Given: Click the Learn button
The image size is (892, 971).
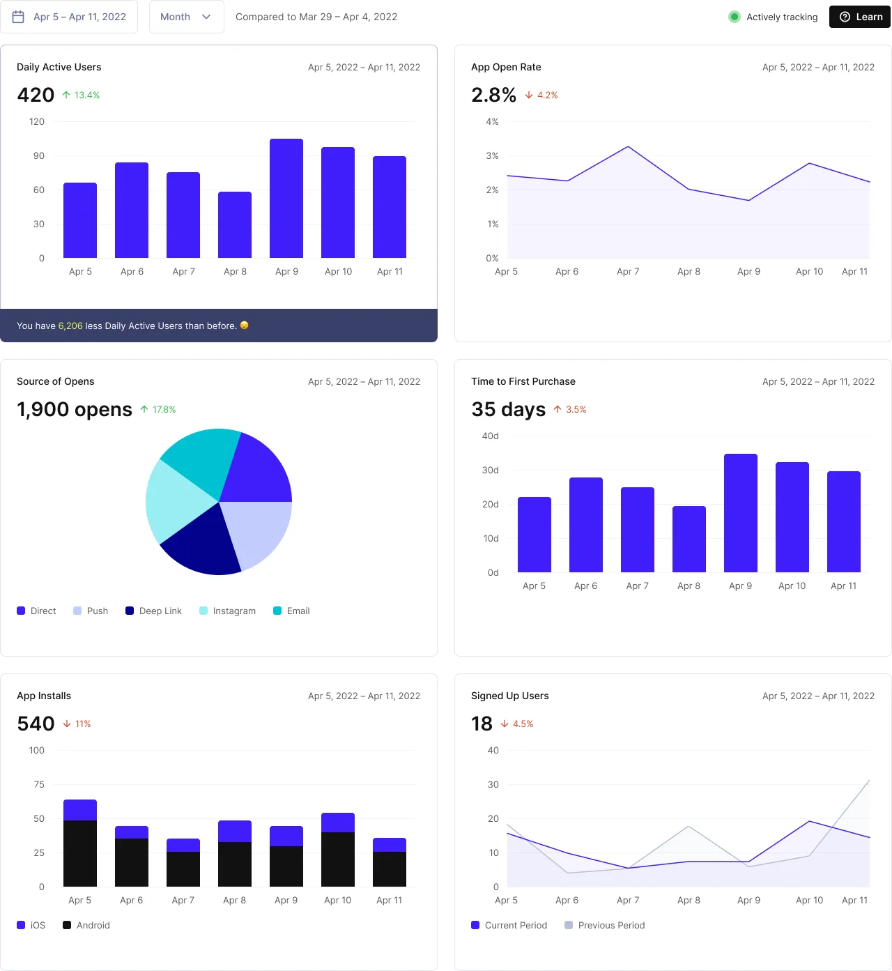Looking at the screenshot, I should [861, 17].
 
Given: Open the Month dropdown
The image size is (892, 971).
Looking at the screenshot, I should [185, 17].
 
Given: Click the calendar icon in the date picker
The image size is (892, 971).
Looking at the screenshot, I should [19, 17].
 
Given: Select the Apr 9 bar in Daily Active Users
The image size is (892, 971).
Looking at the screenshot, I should [286, 199].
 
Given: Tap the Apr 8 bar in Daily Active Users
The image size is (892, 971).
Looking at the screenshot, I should [235, 224].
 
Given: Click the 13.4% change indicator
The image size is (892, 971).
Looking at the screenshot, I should [81, 95].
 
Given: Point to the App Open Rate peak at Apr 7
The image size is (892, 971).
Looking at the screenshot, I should [628, 147].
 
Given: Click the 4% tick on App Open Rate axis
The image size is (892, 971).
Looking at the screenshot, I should [492, 122].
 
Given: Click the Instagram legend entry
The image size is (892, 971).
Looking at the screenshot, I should [227, 611].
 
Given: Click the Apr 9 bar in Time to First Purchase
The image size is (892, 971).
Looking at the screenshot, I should [740, 513].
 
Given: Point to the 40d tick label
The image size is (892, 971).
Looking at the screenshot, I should [490, 436].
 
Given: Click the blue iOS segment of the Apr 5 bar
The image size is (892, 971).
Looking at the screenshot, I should [80, 810].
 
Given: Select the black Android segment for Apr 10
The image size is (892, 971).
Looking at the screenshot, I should [338, 859].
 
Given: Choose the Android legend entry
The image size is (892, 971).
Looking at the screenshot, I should [86, 926].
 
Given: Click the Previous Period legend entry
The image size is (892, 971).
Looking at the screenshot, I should [604, 926].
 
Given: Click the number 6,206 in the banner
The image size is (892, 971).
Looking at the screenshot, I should [70, 326].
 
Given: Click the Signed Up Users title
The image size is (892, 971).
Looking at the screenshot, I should [509, 696].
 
